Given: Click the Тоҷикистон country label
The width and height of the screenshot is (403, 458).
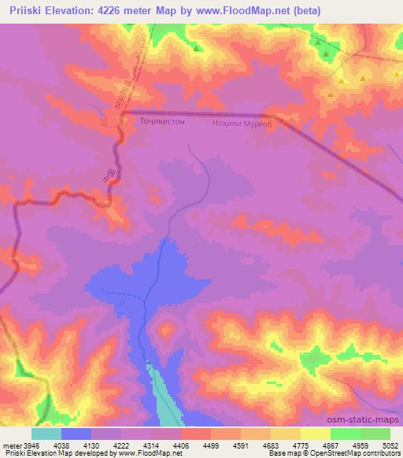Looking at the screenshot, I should (162, 123).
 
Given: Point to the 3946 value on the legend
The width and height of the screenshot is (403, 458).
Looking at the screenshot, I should (28, 445).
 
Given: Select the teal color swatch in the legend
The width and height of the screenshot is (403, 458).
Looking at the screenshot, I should (46, 434).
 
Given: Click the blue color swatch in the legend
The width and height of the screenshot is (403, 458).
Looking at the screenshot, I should (76, 434).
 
